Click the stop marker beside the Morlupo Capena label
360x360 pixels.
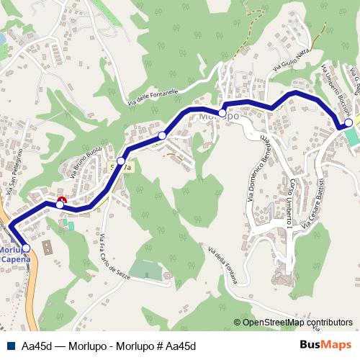(27, 248)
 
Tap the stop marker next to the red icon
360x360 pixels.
(60, 205)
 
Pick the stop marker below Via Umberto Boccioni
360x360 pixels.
(349, 124)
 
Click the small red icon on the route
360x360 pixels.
(62, 199)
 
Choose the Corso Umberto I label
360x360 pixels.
(289, 203)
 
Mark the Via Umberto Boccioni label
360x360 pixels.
(336, 89)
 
